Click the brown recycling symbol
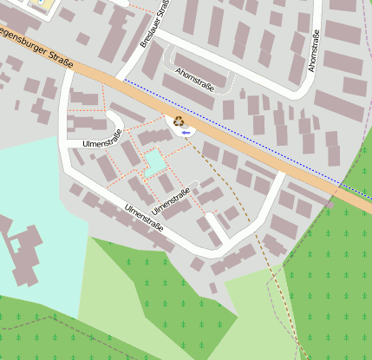(179, 122)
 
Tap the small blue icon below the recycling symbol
(186, 132)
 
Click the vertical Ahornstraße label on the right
(314, 50)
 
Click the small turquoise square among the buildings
(154, 161)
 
